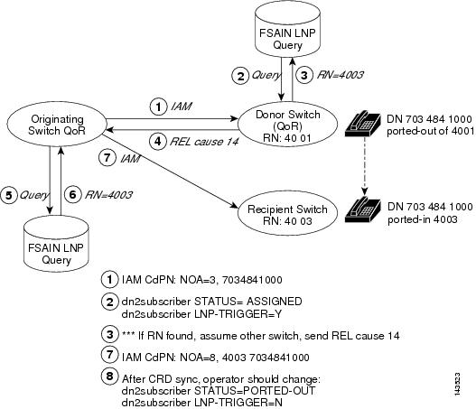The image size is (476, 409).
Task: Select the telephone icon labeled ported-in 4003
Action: pos(366,209)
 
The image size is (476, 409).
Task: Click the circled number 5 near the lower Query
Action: pos(11,192)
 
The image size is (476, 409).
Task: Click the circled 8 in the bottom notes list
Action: pos(108,376)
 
